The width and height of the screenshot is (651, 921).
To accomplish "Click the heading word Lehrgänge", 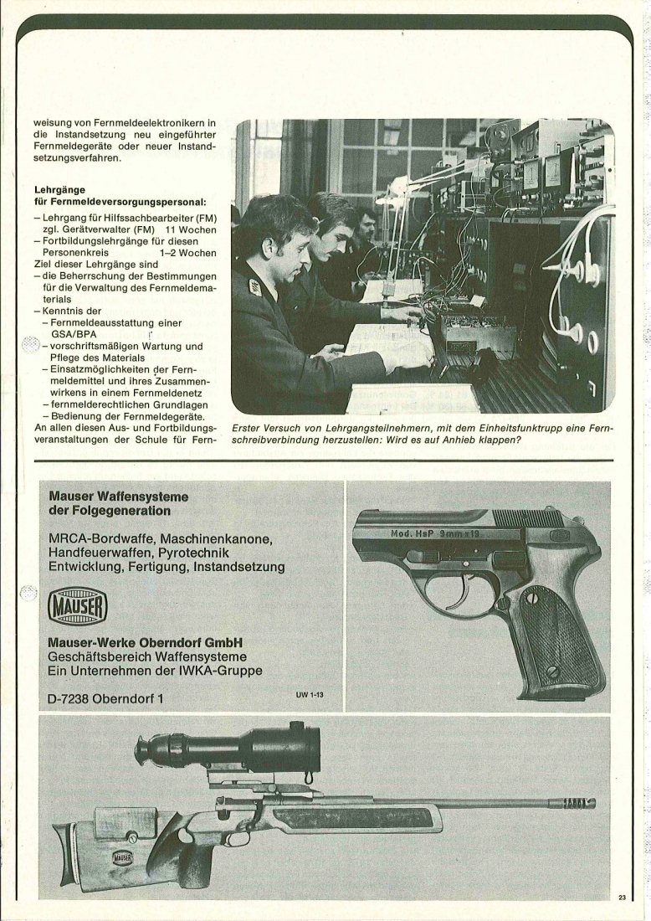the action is pos(60,190).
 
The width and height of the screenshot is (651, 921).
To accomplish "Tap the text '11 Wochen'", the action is pos(191,229).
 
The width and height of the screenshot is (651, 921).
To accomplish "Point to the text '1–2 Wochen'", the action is pos(187,253).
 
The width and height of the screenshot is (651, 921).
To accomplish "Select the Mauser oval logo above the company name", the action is pos(77,607).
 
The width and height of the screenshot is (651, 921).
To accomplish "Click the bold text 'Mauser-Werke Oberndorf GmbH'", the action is pos(145,642).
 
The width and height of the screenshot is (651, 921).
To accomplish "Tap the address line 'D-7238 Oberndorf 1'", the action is pos(105,699).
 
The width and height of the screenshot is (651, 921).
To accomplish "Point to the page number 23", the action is pos(623,897).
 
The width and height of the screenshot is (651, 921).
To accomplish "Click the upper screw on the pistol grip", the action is pos(532,598).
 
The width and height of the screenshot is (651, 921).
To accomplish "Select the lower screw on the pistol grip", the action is pos(551,671).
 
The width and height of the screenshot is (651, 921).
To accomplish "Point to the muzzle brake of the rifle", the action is pos(578,801).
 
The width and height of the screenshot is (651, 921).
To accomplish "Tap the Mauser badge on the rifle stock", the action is pos(122,859).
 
